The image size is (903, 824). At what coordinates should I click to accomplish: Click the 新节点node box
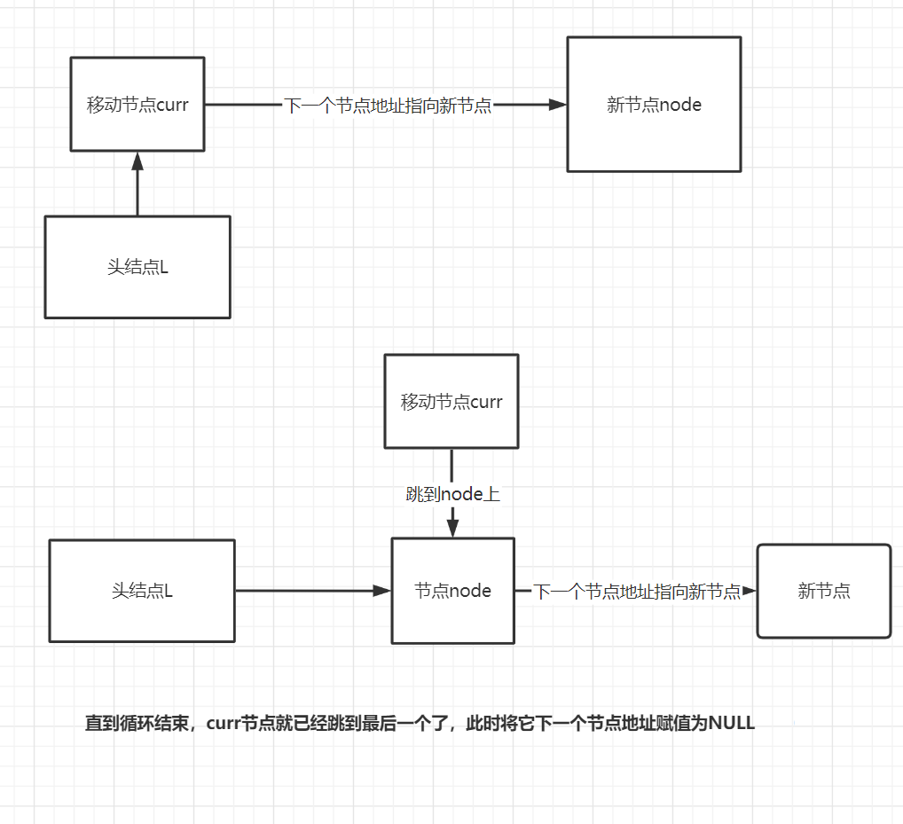[x=654, y=104]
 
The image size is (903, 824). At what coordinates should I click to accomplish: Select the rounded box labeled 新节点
[x=823, y=591]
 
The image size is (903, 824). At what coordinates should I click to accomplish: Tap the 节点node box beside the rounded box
[x=452, y=591]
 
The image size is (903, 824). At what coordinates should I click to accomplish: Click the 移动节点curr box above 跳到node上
[x=451, y=401]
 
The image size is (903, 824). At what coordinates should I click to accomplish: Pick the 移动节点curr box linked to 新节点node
[x=137, y=104]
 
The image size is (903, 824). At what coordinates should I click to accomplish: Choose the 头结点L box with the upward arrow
[x=137, y=266]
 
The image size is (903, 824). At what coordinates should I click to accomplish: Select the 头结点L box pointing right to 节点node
[x=142, y=591]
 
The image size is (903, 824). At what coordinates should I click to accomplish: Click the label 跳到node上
[x=452, y=494]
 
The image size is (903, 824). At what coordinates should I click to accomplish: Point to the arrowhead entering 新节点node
[x=558, y=105]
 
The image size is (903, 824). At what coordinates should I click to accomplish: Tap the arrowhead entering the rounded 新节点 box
[x=749, y=591]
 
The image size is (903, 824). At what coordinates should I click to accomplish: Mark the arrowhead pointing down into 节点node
[x=452, y=529]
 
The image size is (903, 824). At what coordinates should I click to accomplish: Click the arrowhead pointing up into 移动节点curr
[x=137, y=161]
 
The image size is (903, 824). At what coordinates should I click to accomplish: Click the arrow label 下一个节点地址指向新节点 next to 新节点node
[x=388, y=106]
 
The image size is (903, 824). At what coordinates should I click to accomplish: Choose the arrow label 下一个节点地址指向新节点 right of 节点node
[x=637, y=592]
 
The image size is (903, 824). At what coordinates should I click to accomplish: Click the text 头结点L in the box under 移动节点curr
[x=137, y=267]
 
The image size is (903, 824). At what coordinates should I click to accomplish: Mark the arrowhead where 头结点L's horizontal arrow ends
[x=383, y=591]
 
